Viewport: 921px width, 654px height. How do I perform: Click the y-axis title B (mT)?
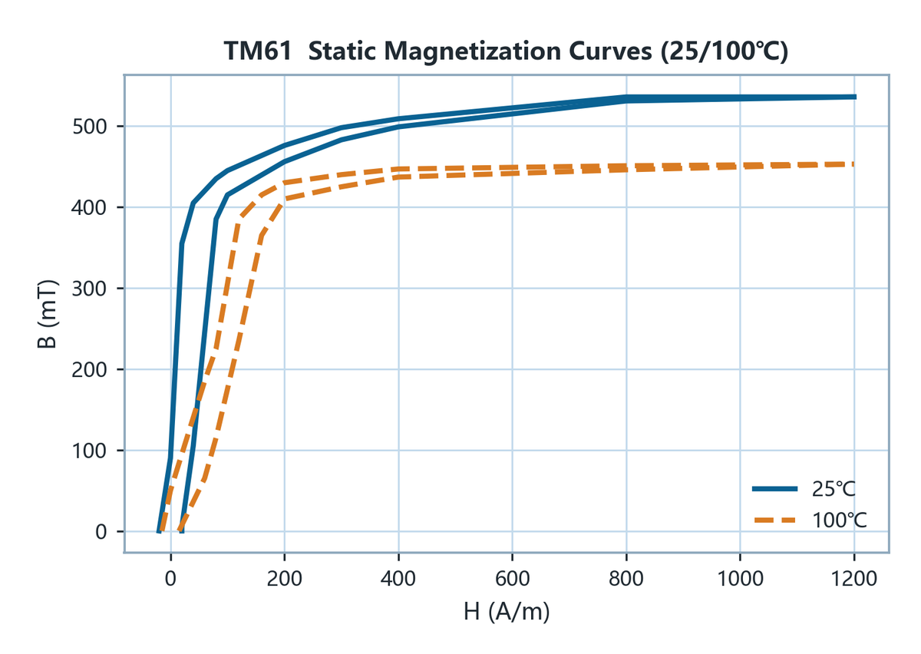[47, 314]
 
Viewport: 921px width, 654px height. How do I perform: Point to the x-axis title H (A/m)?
[507, 612]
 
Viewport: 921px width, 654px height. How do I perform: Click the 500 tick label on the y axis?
[89, 127]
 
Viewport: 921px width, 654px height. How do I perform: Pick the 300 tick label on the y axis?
[89, 289]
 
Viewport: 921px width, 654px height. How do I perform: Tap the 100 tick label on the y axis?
[89, 451]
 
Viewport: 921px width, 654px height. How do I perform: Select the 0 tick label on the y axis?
[101, 532]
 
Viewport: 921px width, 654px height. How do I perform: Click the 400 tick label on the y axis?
[89, 208]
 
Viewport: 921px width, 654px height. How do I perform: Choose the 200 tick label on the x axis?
[284, 579]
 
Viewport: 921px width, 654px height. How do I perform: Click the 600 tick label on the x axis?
[512, 579]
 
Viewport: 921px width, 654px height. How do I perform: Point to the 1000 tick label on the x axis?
[740, 579]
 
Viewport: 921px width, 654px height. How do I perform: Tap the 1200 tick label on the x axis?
[854, 579]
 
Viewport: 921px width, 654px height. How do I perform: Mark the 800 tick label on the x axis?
[626, 579]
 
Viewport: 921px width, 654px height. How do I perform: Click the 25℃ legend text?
[834, 489]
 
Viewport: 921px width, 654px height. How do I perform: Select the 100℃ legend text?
[839, 520]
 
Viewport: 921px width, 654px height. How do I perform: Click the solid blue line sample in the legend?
[774, 489]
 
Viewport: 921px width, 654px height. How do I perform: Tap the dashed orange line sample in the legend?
[774, 520]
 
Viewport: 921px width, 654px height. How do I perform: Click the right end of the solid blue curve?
[855, 97]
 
